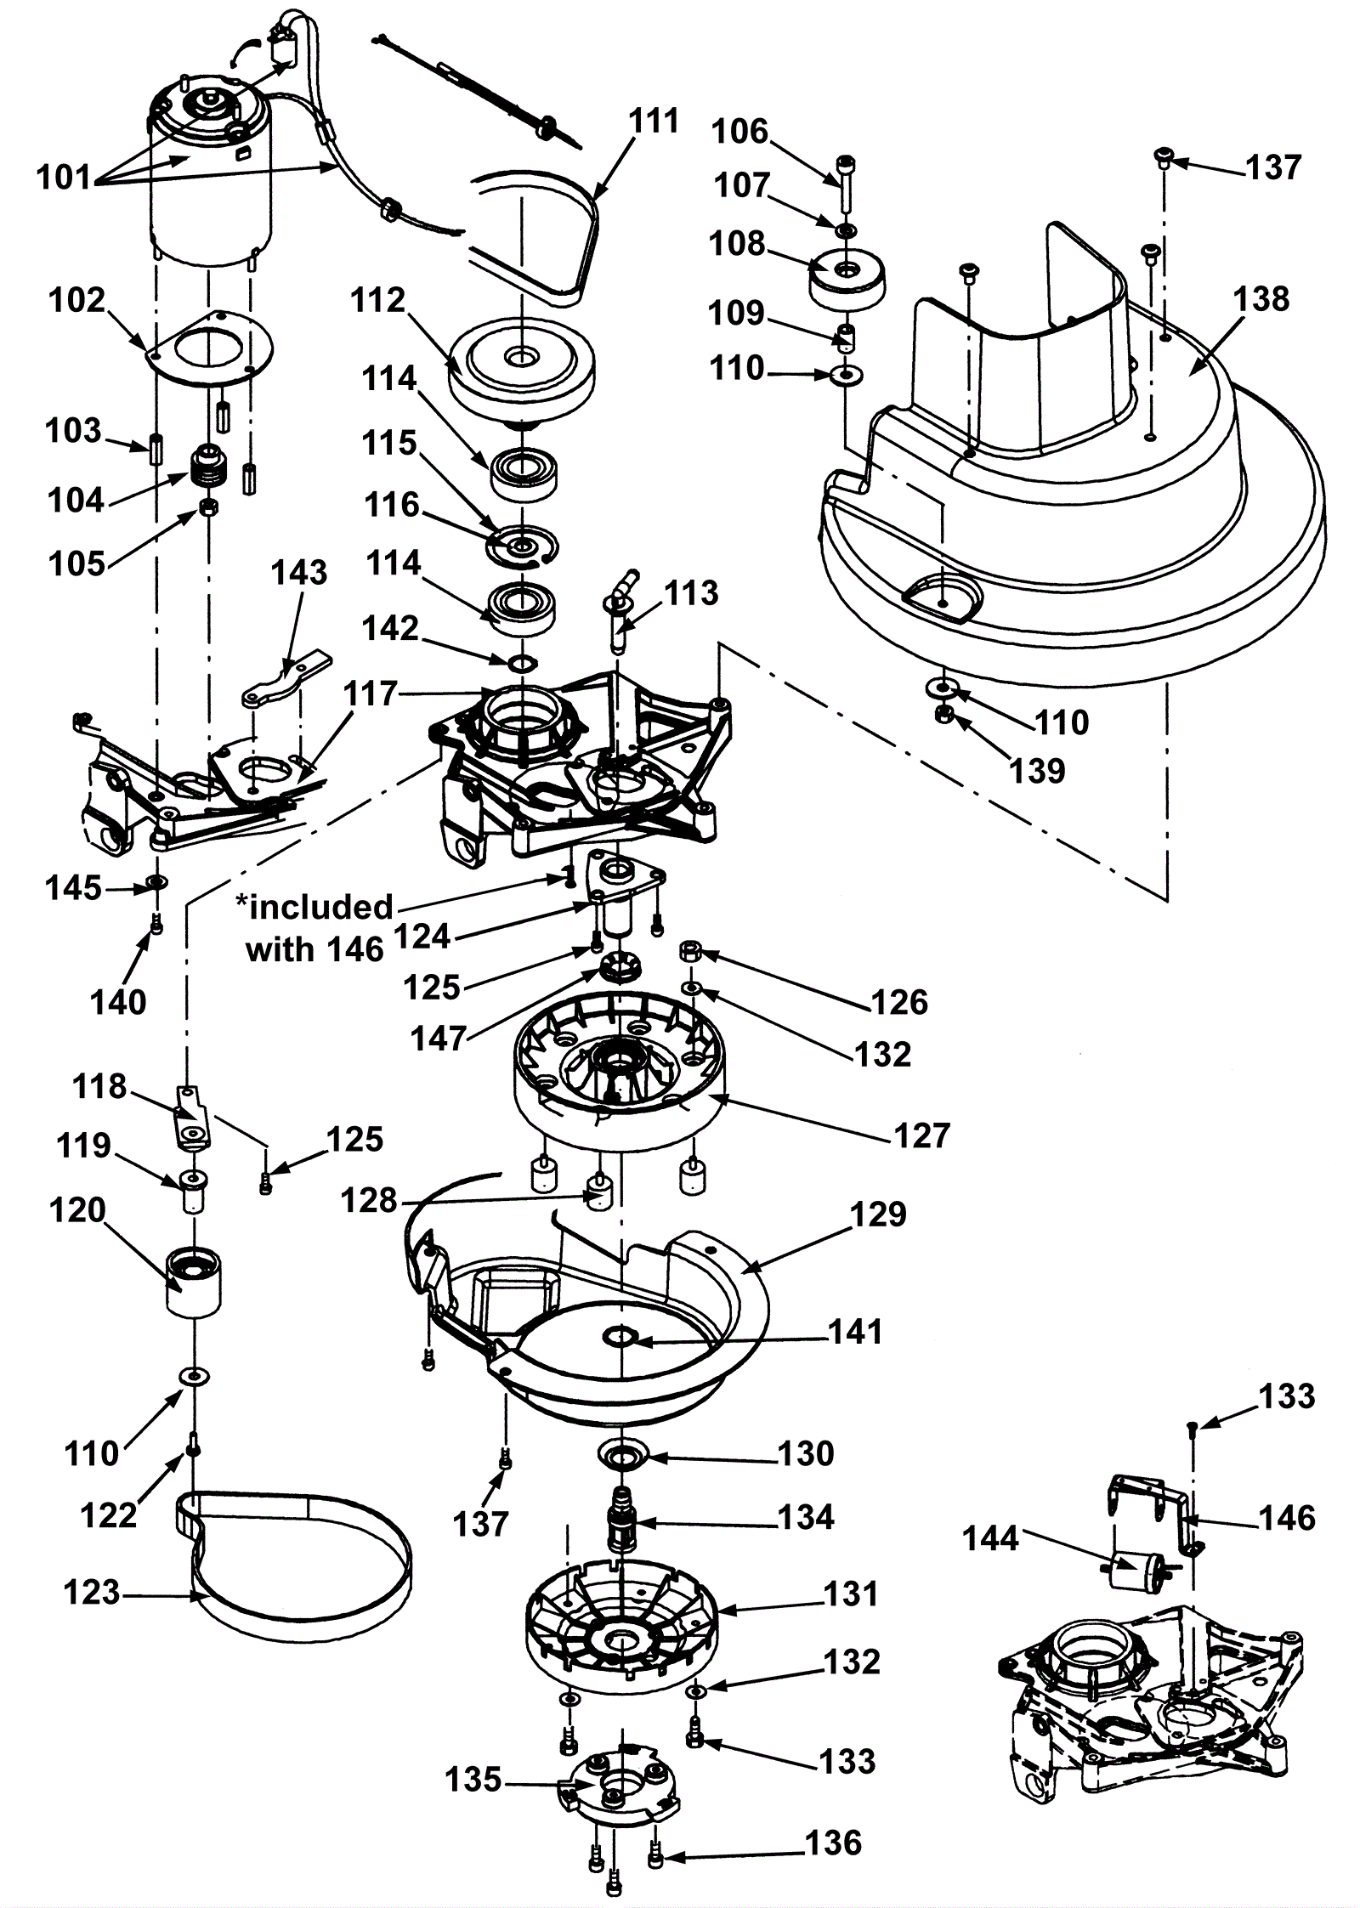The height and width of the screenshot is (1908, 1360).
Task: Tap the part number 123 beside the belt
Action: tap(93, 1592)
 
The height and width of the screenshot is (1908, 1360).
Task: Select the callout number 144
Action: tap(989, 1537)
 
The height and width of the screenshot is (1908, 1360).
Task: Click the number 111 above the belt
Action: tap(654, 122)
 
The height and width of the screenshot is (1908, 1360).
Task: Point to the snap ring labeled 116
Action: tap(521, 548)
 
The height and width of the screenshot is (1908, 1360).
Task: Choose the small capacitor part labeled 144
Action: tap(1137, 1563)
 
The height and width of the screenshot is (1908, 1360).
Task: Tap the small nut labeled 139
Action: tap(942, 712)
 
